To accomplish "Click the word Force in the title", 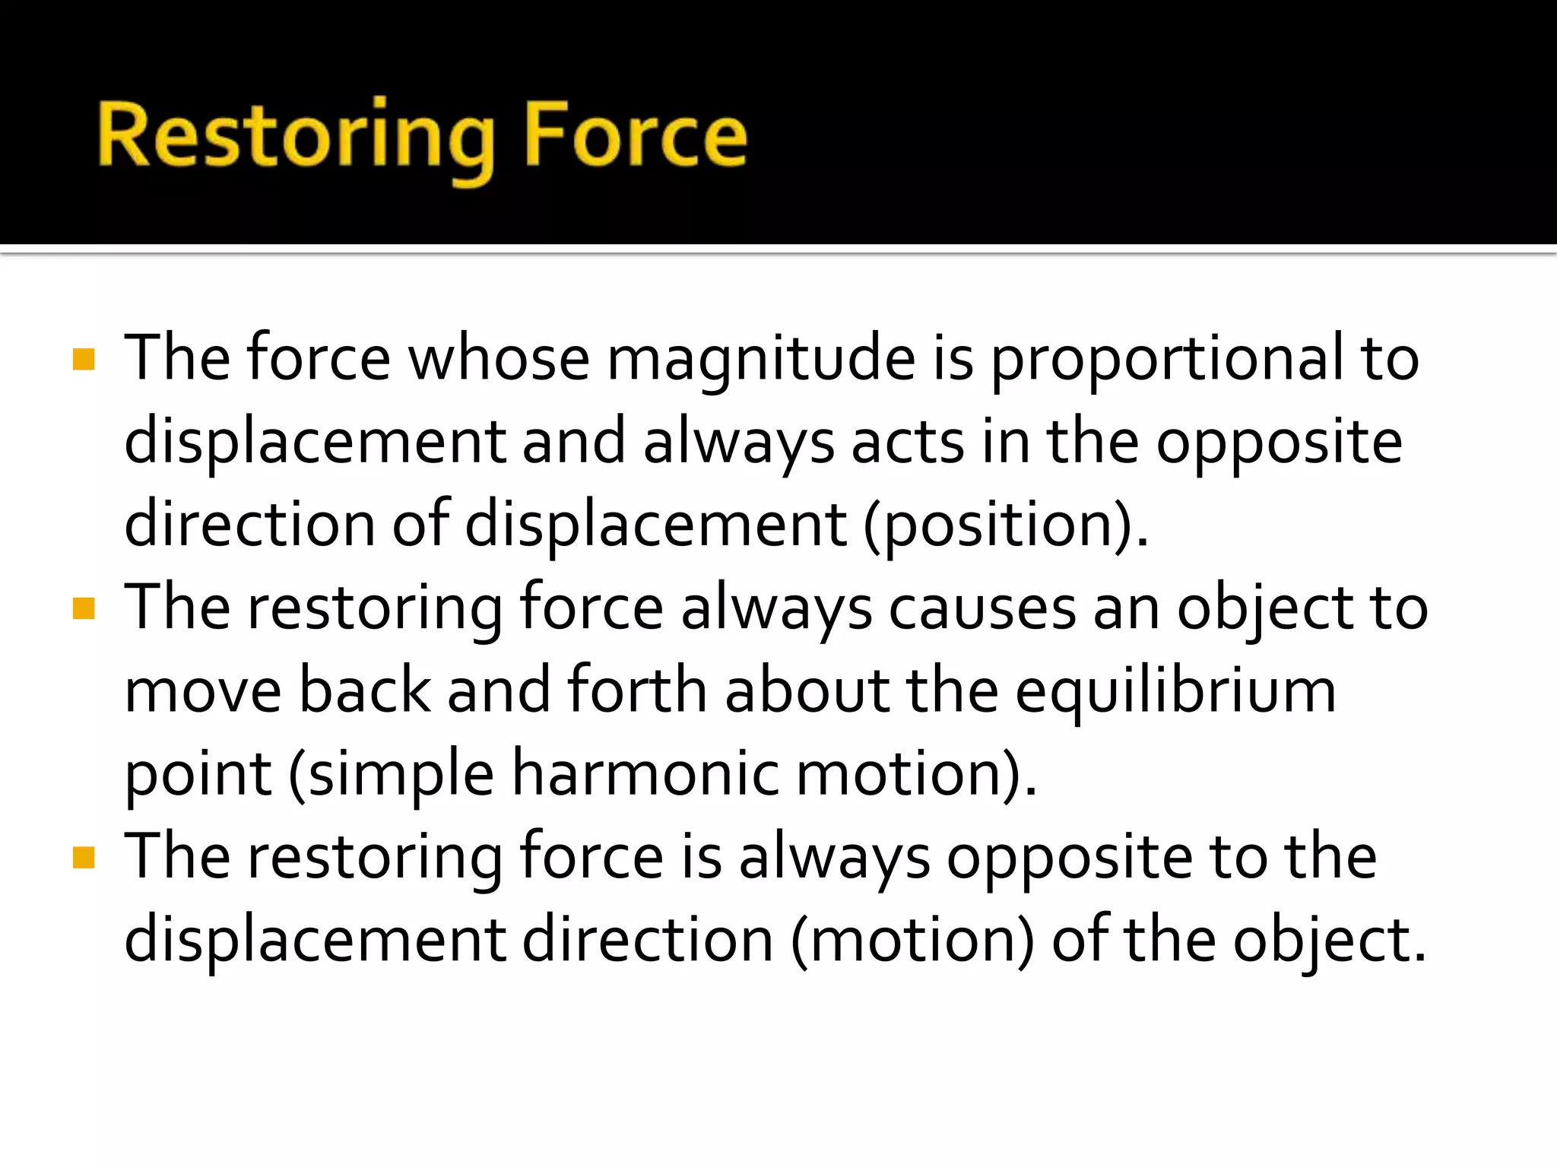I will [x=636, y=137].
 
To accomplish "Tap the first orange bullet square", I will [x=84, y=359].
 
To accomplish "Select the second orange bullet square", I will [x=84, y=608].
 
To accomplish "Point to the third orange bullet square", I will [x=84, y=858].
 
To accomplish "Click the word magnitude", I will [x=760, y=359].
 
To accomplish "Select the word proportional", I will [x=1167, y=359].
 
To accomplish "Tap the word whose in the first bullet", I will [x=499, y=359].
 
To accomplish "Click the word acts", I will [x=908, y=443].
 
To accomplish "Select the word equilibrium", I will [x=1175, y=692].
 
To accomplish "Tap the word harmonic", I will [x=645, y=774].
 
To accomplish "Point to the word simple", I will [x=392, y=774].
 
